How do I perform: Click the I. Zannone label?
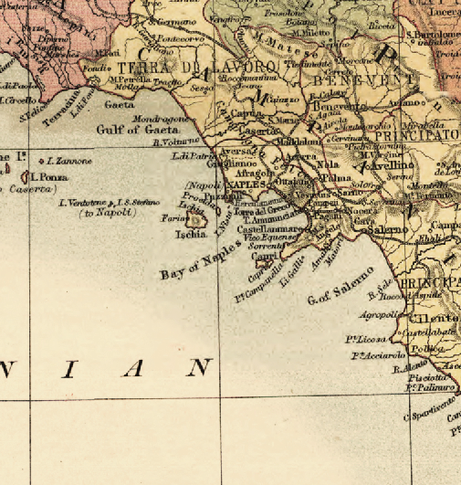click(x=68, y=161)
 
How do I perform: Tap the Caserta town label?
click(x=258, y=132)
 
